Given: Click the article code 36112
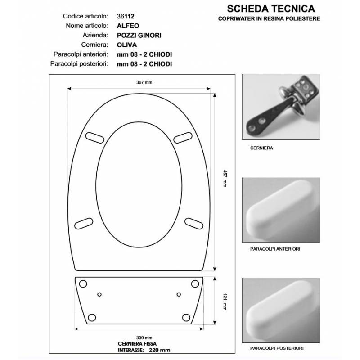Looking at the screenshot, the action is (126, 16).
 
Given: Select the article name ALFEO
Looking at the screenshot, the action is (128, 26).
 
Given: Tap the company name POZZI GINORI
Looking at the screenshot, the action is (139, 36).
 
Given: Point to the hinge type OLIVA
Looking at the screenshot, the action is (127, 45).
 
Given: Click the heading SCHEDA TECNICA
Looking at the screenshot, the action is (271, 9).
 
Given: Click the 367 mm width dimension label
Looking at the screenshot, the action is (144, 82).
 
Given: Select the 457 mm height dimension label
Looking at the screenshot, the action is (225, 178).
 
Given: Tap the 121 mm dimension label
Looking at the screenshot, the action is (225, 301).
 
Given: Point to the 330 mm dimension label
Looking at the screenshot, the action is (144, 338).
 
